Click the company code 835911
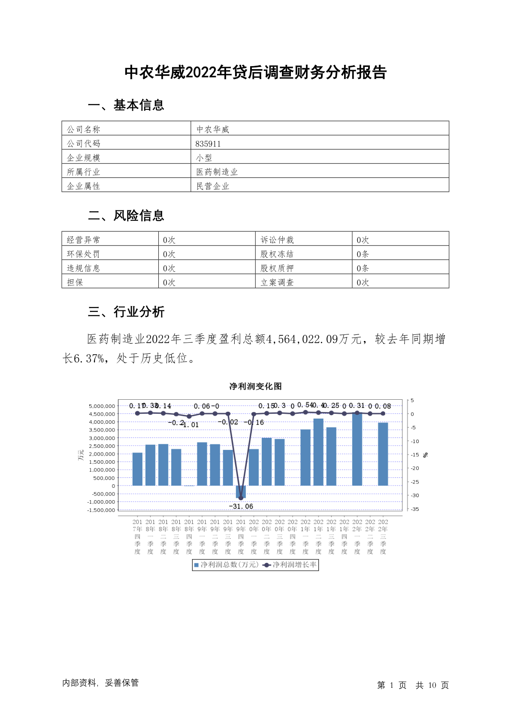[208, 144]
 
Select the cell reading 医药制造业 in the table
[217, 172]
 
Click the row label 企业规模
[83, 158]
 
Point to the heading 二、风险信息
[126, 216]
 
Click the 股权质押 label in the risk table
[277, 268]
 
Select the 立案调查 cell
[277, 283]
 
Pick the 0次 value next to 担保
[169, 283]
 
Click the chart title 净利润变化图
[255, 386]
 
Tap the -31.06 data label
[241, 507]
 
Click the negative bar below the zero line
[241, 492]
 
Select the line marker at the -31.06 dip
[241, 498]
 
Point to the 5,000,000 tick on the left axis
[102, 406]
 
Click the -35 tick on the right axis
[415, 509]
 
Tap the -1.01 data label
[191, 425]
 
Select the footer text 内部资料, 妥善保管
[100, 683]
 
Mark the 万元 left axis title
[81, 455]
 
